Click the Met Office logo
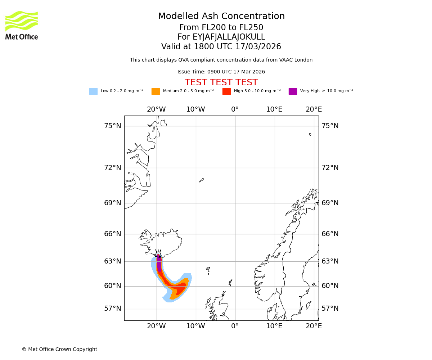click(x=22, y=25)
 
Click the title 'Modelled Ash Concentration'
click(x=221, y=17)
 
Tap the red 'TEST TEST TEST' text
click(x=221, y=83)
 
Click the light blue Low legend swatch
click(x=93, y=91)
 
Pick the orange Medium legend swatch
click(x=156, y=91)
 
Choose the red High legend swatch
click(x=226, y=91)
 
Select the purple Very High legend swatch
click(x=293, y=91)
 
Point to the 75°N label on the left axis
click(x=113, y=126)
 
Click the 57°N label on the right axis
click(x=330, y=309)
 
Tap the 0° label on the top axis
click(x=235, y=109)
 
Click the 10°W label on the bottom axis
click(x=195, y=326)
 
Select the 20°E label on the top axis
click(x=314, y=109)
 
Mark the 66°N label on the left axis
click(x=113, y=234)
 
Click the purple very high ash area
click(x=159, y=263)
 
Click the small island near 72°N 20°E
click(x=310, y=134)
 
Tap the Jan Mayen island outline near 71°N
click(x=202, y=180)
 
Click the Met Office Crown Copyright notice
click(x=59, y=350)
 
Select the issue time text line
click(x=221, y=72)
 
